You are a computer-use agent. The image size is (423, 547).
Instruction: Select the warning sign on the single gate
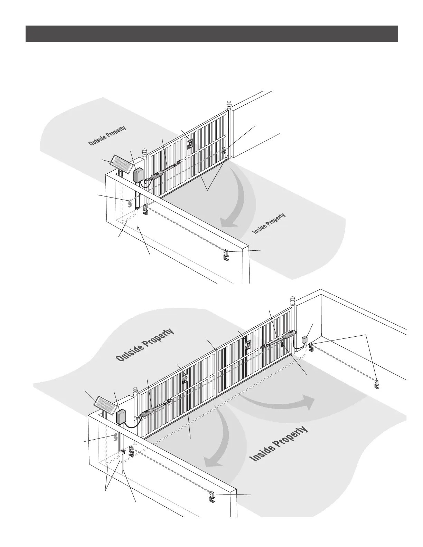pos(190,143)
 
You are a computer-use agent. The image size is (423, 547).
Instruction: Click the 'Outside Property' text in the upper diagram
pos(107,136)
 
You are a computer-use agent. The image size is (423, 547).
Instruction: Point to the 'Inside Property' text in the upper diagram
pos(269,223)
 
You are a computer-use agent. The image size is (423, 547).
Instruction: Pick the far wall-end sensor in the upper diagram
pos(225,255)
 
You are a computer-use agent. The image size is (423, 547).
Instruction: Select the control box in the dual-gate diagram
pos(121,416)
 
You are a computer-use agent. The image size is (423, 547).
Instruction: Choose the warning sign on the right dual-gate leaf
pos(247,345)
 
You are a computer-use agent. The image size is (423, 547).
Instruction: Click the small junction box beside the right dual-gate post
pos(305,339)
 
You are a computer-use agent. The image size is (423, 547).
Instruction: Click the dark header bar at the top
pos(211,34)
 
